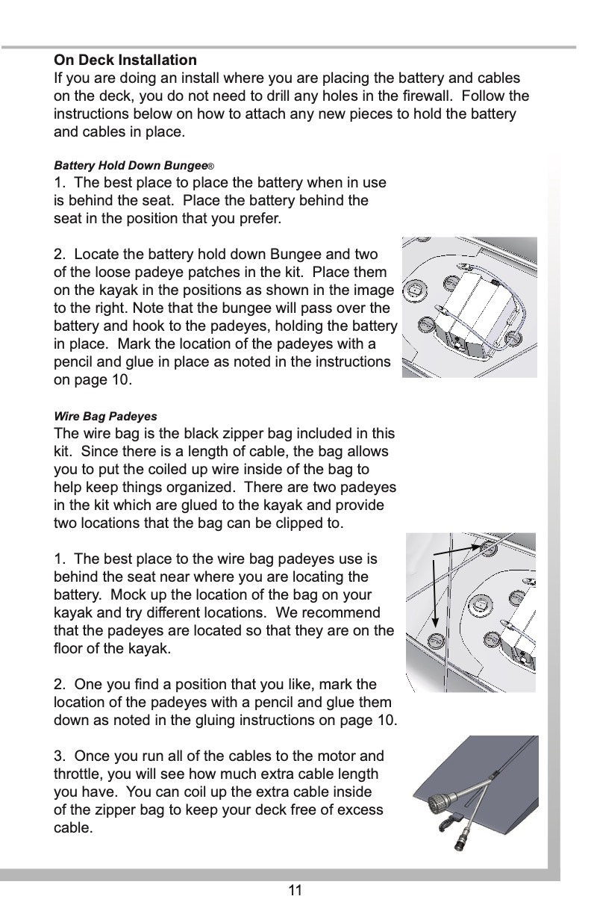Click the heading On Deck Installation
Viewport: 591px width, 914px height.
click(125, 60)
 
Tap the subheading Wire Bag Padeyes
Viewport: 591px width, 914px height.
click(105, 416)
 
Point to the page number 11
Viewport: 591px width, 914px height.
click(295, 890)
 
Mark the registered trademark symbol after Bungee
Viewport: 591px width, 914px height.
click(213, 165)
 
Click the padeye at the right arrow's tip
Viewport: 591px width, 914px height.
click(490, 549)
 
